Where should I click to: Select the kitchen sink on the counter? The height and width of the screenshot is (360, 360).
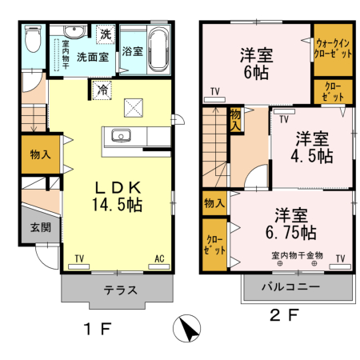tap(122, 134)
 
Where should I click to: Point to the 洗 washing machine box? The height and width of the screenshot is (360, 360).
tap(106, 34)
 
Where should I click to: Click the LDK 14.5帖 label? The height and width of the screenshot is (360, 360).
tap(118, 195)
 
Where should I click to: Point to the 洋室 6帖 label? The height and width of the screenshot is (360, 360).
tap(257, 64)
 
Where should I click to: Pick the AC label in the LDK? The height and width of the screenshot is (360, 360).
tap(158, 258)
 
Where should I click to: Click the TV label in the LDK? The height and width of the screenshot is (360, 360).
tap(79, 258)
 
